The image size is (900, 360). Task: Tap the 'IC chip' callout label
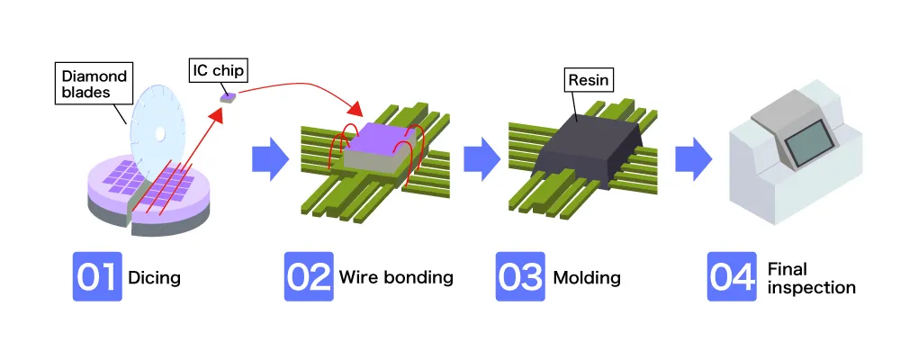(219, 67)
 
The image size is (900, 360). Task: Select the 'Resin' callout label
(589, 81)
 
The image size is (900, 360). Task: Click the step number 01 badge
(97, 276)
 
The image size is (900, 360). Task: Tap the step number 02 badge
(309, 276)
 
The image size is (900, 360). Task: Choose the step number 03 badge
(520, 276)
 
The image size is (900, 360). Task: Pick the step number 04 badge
(732, 276)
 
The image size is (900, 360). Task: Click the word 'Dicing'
(155, 277)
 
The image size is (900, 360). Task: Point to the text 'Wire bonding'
(396, 277)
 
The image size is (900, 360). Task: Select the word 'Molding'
(587, 277)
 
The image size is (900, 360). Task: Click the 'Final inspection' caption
(811, 278)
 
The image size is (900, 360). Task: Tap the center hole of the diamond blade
(158, 136)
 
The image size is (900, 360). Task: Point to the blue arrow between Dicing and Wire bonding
(269, 159)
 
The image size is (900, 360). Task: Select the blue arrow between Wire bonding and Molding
(481, 159)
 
